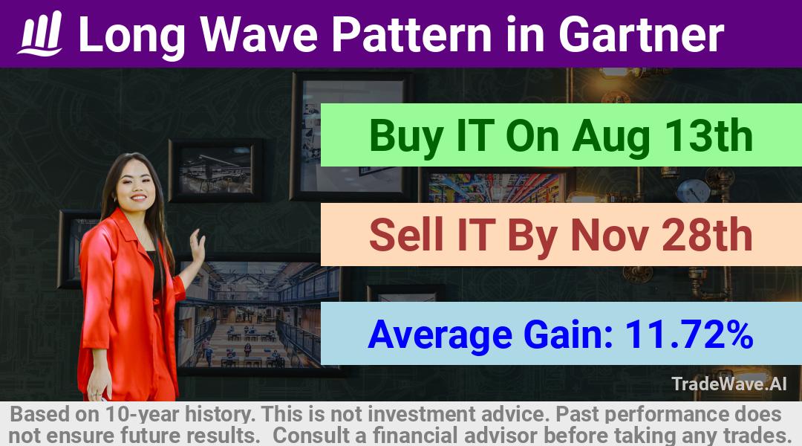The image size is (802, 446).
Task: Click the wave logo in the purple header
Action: point(40,33)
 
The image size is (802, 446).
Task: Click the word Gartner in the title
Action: point(642,34)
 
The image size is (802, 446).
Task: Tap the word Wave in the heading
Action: point(259,34)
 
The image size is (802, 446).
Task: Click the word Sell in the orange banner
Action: point(406,235)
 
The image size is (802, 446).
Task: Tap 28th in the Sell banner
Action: point(708,235)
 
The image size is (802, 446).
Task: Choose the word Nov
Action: point(609,236)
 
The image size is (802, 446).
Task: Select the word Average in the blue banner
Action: point(440,335)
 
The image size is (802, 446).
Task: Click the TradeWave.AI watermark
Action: point(729,384)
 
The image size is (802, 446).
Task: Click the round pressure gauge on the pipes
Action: point(693,190)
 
